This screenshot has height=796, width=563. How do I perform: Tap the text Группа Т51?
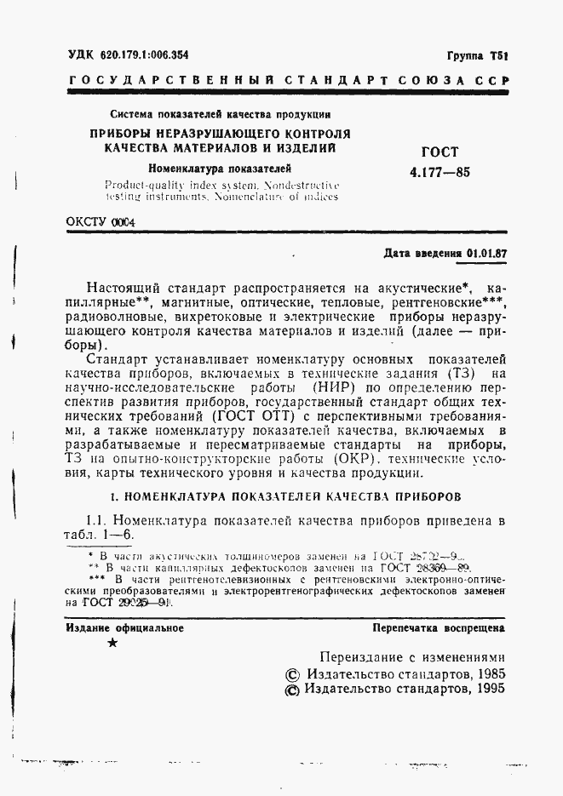tap(477, 54)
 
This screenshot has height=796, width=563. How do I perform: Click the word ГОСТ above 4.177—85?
tap(439, 152)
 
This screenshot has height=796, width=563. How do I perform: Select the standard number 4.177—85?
tap(439, 172)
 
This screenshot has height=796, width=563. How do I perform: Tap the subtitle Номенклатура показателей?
tap(220, 168)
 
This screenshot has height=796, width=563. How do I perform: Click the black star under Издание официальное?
tap(113, 644)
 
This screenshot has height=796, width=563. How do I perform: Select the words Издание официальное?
tap(124, 628)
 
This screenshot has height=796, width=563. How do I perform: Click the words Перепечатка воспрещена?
tap(439, 628)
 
